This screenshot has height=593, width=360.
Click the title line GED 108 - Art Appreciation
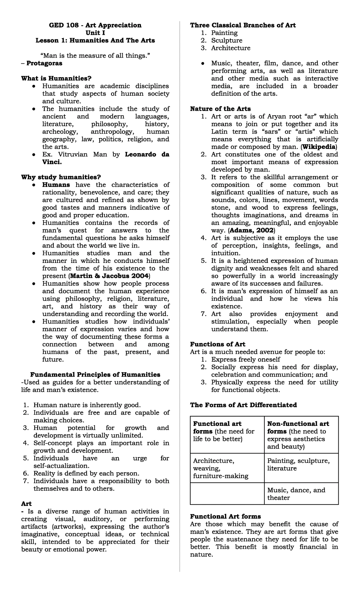coord(95,25)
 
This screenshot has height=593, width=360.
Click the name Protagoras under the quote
coord(44,63)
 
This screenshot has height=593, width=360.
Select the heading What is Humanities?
coord(56,79)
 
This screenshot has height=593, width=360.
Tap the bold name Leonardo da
coord(147,155)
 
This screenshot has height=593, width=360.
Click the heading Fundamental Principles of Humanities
coord(95,375)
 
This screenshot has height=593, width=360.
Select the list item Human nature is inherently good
coord(87,405)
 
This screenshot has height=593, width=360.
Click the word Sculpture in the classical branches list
coord(226,41)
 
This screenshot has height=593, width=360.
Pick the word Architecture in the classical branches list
coord(230,48)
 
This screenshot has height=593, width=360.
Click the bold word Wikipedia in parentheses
coord(319,147)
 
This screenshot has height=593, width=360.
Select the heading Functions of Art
coord(217,345)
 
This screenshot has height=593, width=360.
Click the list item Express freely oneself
coord(245,360)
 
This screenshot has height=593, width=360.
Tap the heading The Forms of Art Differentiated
coord(243,405)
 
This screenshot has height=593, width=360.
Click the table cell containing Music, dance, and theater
coord(301,494)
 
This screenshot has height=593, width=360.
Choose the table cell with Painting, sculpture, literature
coord(301,465)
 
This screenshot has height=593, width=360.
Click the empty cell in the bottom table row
coord(227,494)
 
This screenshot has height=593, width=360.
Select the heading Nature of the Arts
coord(220,109)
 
